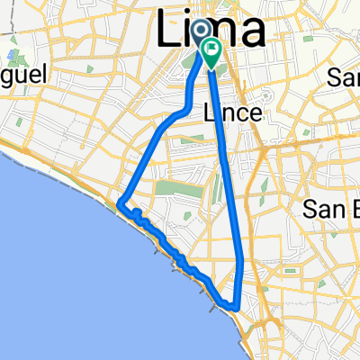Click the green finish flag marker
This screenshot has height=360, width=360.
point(212,52)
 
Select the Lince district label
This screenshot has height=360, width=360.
point(233,113)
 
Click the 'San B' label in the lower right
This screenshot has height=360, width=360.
point(329,210)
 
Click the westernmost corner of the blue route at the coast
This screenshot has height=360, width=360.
point(119,204)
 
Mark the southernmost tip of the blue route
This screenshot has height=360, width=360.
point(236,307)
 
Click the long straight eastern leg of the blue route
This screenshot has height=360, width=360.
point(229,180)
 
